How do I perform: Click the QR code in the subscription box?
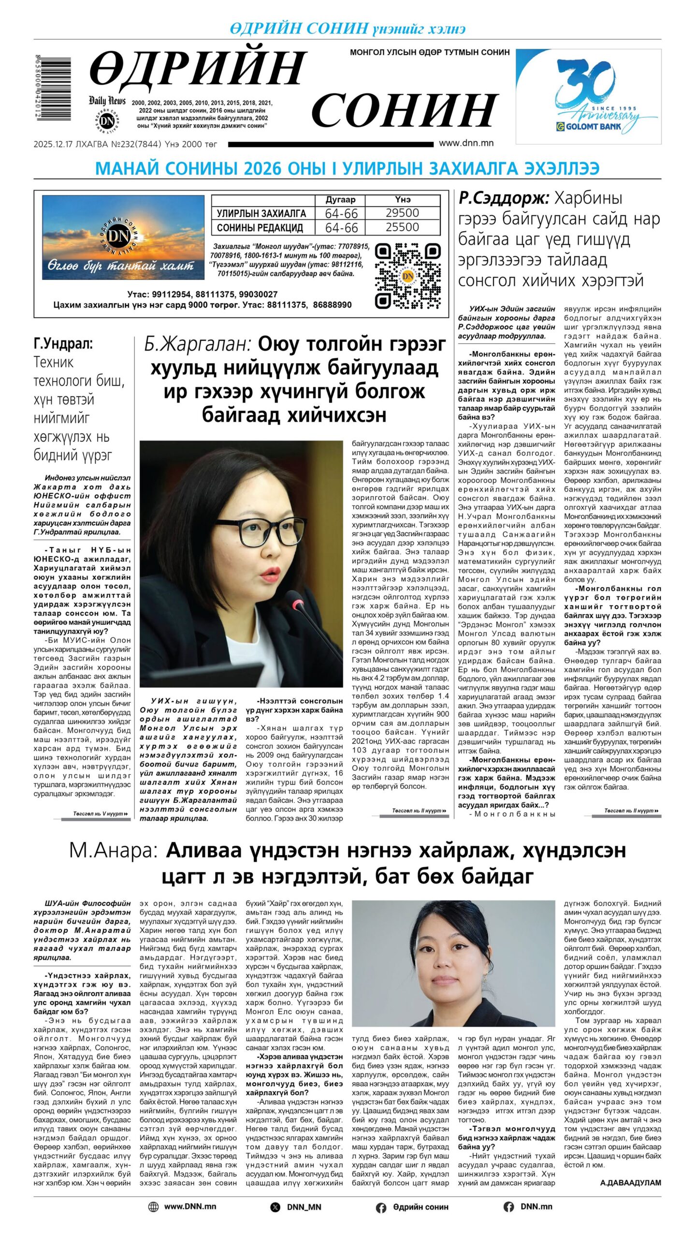coord(408,276)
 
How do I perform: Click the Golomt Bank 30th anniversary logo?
coord(588,96)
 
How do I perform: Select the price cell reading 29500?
coord(402,213)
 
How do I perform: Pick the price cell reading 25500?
coord(402,227)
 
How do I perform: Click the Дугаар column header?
coord(340,200)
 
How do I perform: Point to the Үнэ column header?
coord(402,200)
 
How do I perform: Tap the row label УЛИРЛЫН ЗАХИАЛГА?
coord(261,213)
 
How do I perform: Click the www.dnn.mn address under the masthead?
coord(466,143)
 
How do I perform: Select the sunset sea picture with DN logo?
coord(123,237)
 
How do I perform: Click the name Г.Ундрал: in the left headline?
coord(63,344)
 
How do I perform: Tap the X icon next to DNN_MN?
coord(275,1207)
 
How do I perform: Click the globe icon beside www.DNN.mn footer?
coord(153,1207)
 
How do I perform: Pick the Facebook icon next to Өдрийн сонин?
coord(381,1208)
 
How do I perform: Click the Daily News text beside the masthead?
coord(107,101)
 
